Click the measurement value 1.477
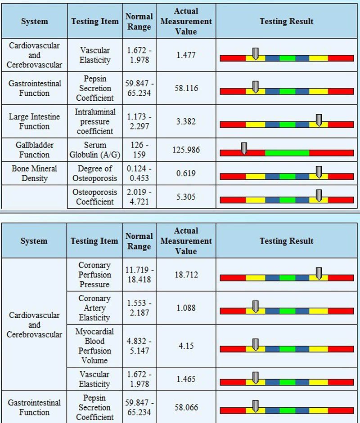[186, 55]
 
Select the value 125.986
[186, 150]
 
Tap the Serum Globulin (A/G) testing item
[95, 150]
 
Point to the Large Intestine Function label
[34, 121]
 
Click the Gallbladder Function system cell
[34, 150]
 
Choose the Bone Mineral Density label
[34, 173]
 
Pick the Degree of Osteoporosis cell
[95, 173]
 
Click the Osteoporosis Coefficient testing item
[95, 197]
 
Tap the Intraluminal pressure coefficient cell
[95, 121]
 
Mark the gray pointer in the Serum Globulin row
[244, 148]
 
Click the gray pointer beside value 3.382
[319, 120]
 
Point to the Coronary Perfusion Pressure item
[94, 275]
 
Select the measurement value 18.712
[186, 275]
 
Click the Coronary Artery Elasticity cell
[94, 308]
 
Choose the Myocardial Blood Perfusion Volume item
[94, 346]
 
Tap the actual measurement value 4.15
[186, 346]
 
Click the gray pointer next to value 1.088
[255, 307]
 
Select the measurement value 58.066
[186, 407]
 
